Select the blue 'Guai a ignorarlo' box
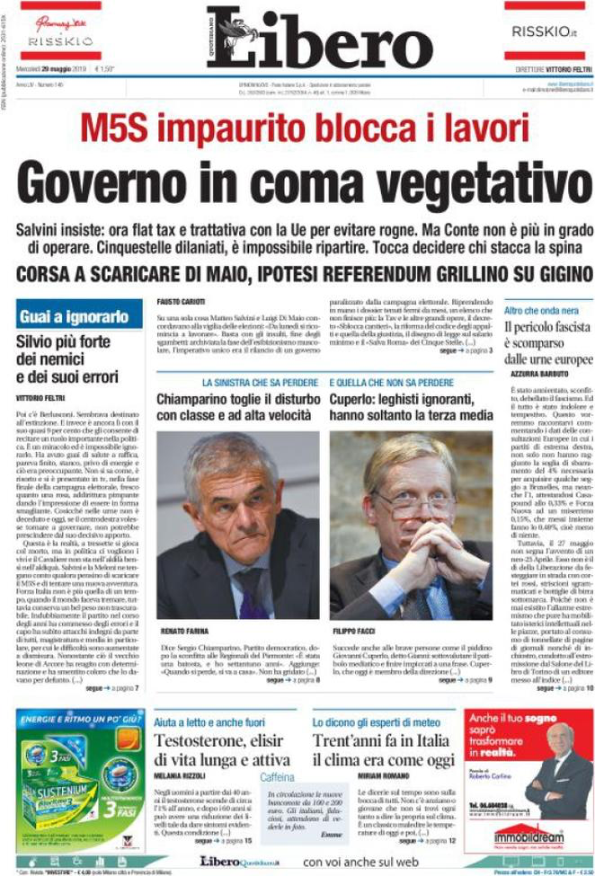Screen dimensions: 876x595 pyautogui.click(x=78, y=314)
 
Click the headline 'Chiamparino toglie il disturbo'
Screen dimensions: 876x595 pyautogui.click(x=236, y=399)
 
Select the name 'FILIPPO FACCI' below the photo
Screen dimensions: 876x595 pyautogui.click(x=353, y=631)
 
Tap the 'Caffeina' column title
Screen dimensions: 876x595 pyautogui.click(x=279, y=777)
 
